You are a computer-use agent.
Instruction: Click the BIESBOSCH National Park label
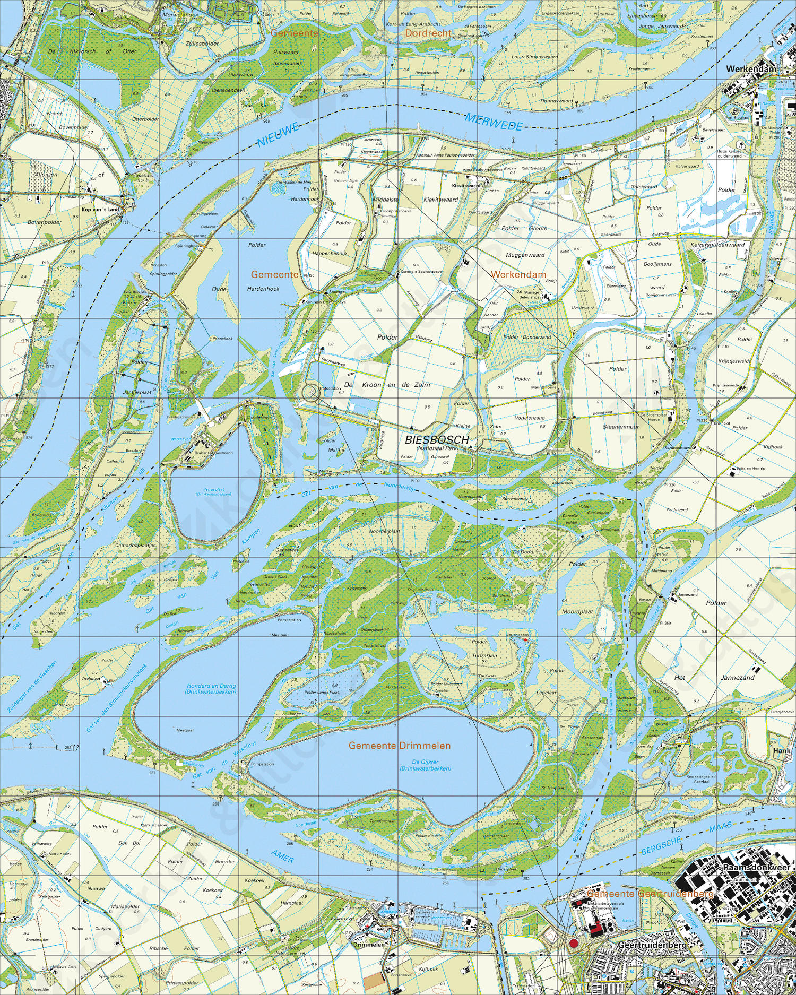coord(437,440)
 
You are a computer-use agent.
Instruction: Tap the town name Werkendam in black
coord(751,69)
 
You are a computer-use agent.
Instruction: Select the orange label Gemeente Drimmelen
coord(399,746)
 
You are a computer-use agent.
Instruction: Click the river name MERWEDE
coord(494,123)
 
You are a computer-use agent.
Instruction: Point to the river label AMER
coord(282,856)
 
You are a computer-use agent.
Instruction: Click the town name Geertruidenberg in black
coord(652,945)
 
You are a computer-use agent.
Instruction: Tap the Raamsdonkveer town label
coord(756,867)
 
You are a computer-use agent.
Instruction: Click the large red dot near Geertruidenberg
coord(573,943)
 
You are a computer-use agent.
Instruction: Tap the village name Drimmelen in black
coord(368,945)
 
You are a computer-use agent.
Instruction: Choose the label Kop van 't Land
coord(100,210)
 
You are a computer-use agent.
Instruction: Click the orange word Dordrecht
coord(428,33)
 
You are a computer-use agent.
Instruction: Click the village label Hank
coord(781,750)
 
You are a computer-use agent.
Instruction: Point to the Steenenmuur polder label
coord(620,426)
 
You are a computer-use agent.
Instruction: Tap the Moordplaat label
coord(577,612)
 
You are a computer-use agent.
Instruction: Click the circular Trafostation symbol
coord(312,393)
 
